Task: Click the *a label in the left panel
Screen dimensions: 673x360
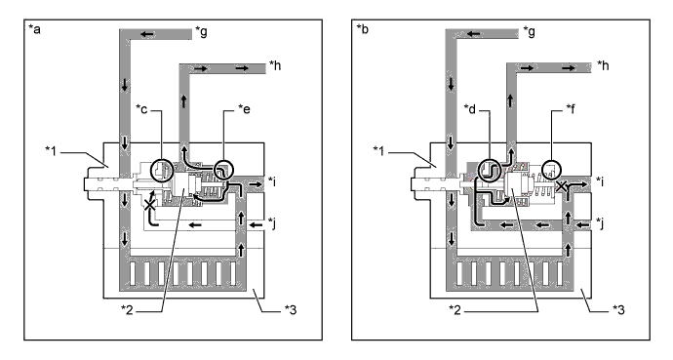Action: (34, 29)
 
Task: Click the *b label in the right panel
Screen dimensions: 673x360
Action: (362, 29)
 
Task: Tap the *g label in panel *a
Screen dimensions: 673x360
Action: (201, 31)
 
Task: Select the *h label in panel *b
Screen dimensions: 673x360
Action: (603, 65)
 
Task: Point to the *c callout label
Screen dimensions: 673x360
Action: (141, 109)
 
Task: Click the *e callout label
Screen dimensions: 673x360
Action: (244, 109)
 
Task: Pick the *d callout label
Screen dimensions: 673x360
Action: (470, 109)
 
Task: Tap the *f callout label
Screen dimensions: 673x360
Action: (572, 109)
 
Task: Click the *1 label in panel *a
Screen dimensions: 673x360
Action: (51, 150)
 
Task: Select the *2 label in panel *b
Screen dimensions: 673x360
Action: (455, 309)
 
